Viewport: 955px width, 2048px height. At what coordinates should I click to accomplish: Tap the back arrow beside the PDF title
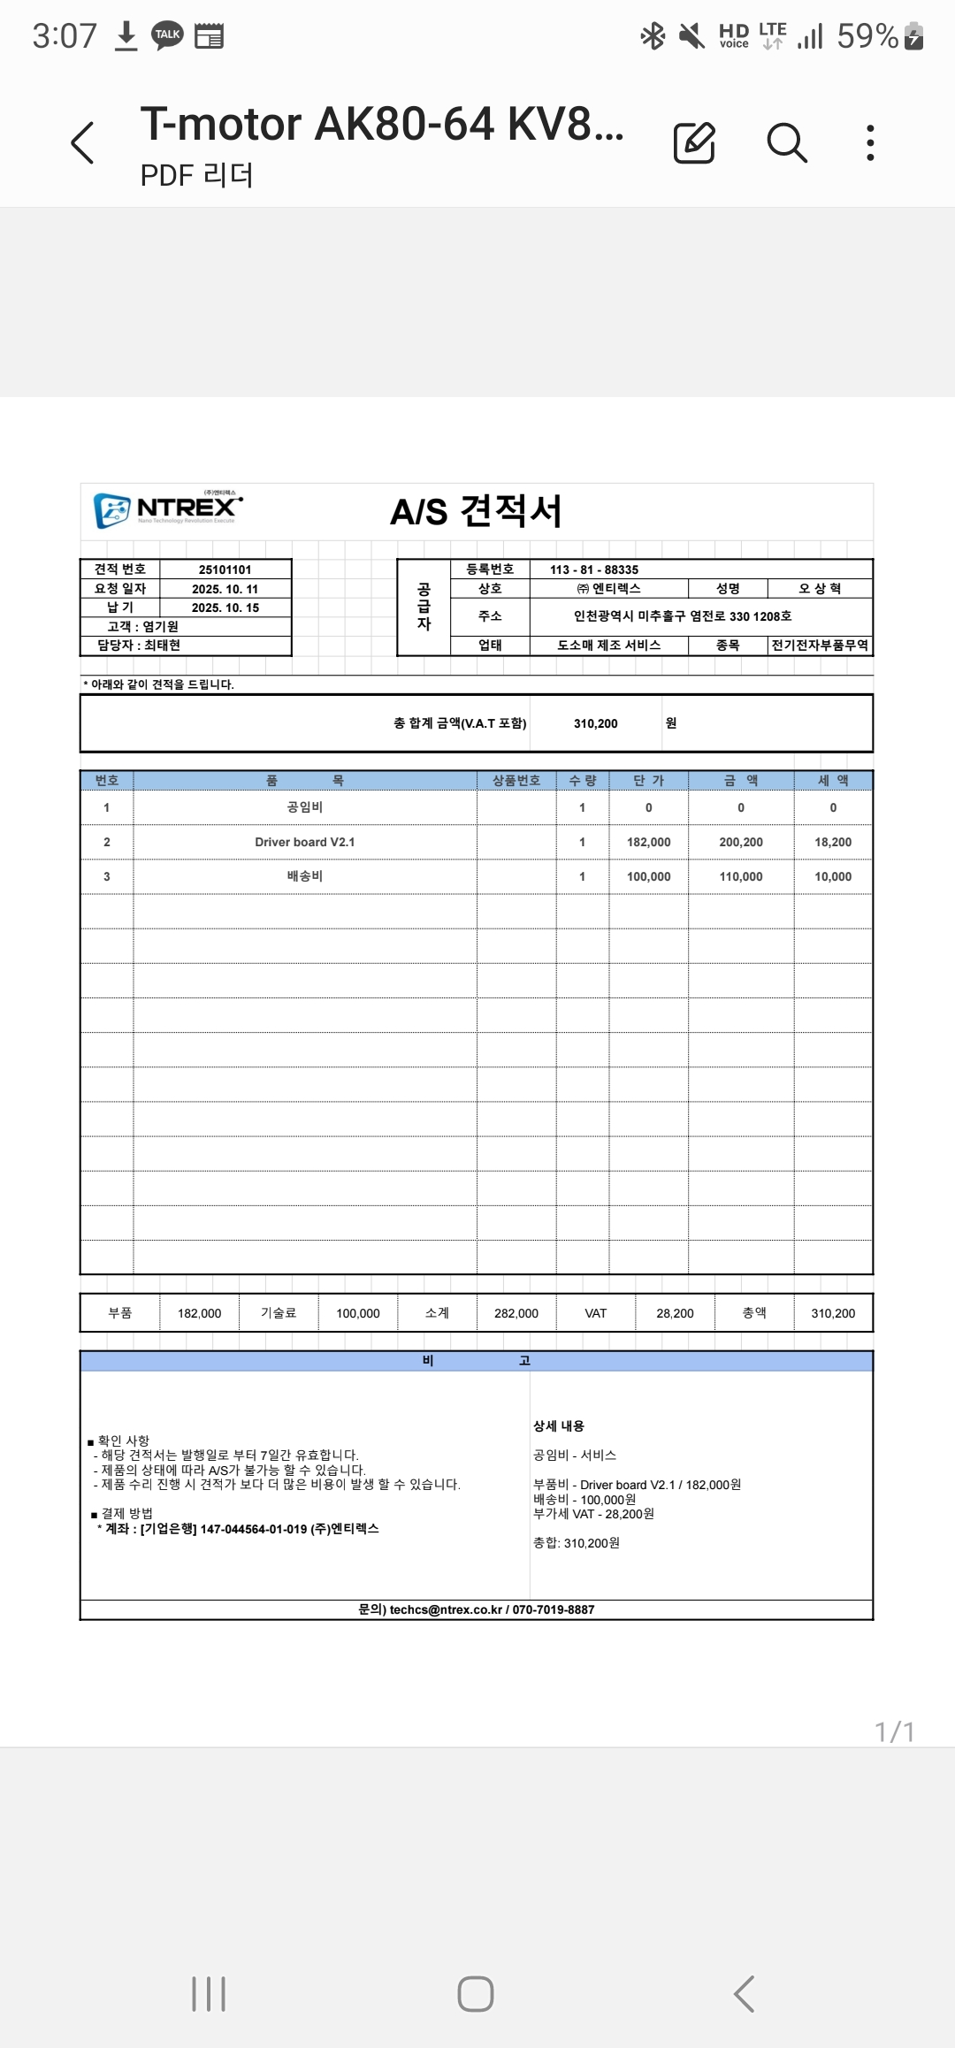82,142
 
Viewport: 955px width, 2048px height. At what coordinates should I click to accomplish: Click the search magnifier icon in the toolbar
786,142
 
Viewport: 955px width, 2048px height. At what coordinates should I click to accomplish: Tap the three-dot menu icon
870,142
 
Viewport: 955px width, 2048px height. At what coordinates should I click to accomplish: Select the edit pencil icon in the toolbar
694,142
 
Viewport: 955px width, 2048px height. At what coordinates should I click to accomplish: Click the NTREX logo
168,509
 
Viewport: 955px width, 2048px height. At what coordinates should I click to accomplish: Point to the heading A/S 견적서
476,511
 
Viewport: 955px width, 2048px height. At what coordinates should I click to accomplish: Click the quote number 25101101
225,569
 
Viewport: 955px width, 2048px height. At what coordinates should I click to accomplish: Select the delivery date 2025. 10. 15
225,608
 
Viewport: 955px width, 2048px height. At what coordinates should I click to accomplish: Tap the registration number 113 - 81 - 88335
593,569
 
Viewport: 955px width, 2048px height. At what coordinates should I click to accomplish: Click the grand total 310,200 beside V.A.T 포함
595,723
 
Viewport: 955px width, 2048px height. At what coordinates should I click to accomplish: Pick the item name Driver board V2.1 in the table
304,842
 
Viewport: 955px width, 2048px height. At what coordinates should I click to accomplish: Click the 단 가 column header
648,780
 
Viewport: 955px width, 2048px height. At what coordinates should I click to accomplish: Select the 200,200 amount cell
740,842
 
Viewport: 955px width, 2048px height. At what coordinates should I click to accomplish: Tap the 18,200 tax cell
832,842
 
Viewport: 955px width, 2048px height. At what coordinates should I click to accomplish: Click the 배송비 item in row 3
304,876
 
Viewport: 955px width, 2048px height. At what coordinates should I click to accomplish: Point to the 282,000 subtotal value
516,1313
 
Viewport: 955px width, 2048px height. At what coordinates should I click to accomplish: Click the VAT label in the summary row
595,1313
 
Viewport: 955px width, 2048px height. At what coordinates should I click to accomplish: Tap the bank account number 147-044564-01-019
253,1529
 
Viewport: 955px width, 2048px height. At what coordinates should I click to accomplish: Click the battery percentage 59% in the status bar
867,36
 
